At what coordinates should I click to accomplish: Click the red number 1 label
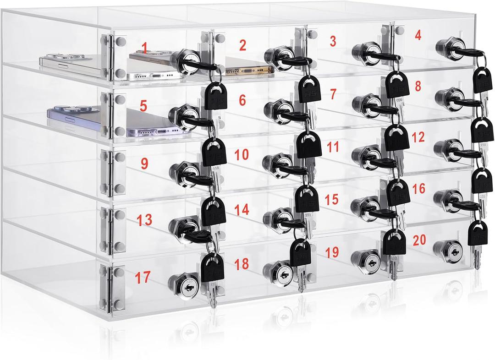[145, 48]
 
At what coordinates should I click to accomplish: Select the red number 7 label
[333, 94]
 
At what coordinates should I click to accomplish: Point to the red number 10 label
[242, 155]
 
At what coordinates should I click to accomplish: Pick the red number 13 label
[144, 220]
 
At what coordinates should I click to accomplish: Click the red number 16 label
[418, 188]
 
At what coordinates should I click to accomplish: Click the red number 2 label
[242, 45]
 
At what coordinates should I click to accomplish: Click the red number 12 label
[418, 136]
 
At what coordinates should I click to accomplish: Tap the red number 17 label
[143, 277]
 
